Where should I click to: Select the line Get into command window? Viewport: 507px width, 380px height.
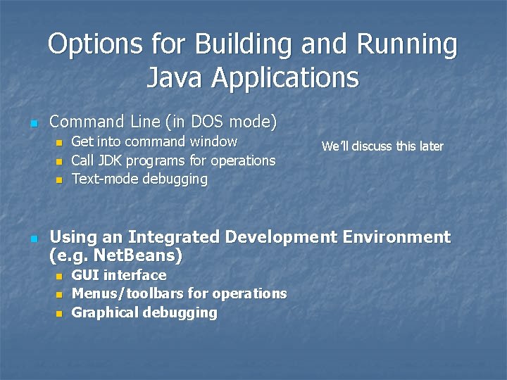154,142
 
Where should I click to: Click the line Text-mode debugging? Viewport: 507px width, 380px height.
139,179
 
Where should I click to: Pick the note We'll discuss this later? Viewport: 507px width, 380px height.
382,146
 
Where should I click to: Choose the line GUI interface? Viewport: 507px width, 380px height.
119,275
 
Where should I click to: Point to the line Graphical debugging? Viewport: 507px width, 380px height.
144,312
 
